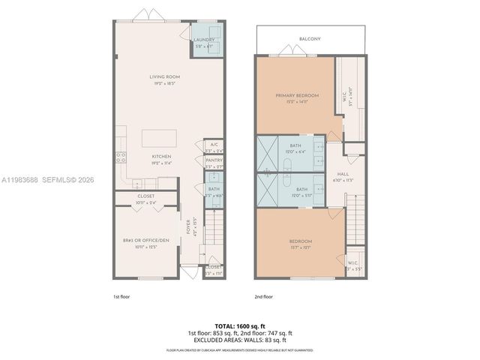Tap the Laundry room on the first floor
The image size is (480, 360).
[x=204, y=43]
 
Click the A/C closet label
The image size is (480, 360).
[x=214, y=144]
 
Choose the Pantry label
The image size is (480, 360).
[x=214, y=160]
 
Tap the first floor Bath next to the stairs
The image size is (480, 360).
[x=214, y=190]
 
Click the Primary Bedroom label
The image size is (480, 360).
[x=296, y=97]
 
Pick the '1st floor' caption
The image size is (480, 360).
[x=122, y=298]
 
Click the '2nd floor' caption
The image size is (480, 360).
[x=263, y=298]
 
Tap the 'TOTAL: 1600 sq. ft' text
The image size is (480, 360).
[x=240, y=325]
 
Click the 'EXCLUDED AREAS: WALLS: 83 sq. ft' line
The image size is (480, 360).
[x=240, y=340]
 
